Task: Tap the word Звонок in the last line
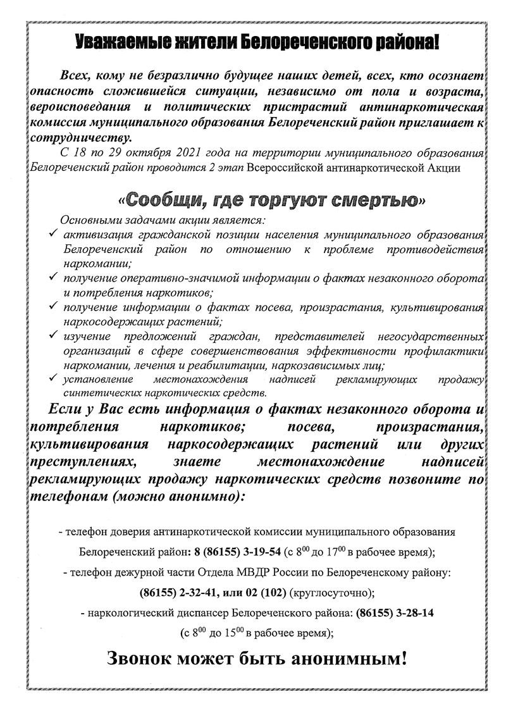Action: tap(145, 659)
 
